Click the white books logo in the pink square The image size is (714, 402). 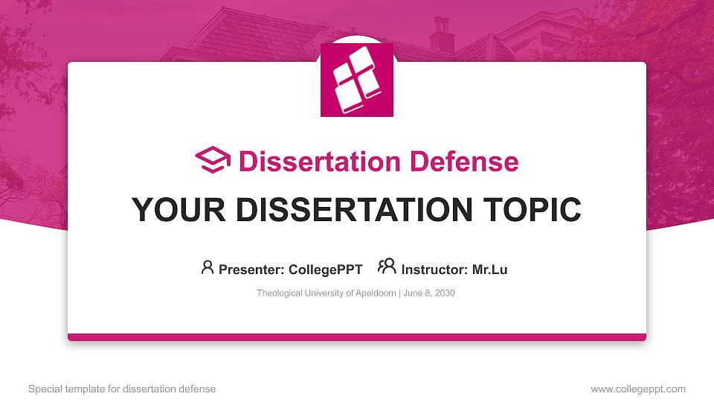[x=357, y=80]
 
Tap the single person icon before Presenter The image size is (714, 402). [x=208, y=267]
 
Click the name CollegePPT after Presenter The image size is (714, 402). [x=327, y=269]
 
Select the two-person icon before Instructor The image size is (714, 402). [x=387, y=267]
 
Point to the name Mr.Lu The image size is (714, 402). [x=489, y=269]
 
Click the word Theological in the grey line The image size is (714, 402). [x=279, y=293]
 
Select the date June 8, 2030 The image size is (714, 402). [x=429, y=293]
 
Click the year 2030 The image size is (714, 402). [x=443, y=293]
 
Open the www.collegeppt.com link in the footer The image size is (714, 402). [x=638, y=389]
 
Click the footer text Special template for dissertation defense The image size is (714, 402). [x=122, y=389]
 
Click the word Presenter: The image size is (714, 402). [x=248, y=269]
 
